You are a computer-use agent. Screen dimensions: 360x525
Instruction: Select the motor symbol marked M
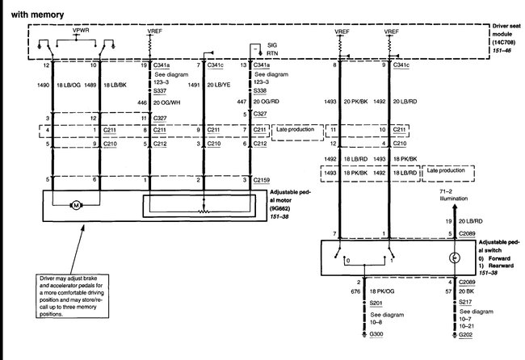(76, 207)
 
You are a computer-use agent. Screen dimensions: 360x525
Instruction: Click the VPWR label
(81, 31)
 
